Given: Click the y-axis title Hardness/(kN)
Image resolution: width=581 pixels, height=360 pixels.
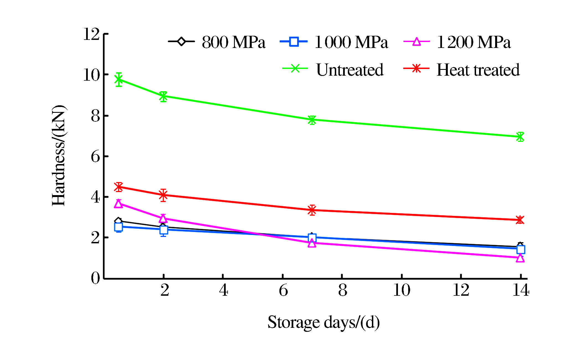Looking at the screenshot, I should point(59,155).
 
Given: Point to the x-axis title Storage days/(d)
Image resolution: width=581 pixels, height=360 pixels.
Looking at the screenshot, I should point(323,322).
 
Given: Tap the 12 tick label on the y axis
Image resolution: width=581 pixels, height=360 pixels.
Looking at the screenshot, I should point(91,34).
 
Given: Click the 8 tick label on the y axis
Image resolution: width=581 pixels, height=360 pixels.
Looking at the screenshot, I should point(95,116).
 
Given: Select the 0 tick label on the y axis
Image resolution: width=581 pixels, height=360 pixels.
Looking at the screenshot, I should point(95,278).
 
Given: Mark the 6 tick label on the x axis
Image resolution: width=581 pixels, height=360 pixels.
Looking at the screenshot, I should point(283,290).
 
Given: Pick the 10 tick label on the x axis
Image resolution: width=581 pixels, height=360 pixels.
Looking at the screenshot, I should point(402,290).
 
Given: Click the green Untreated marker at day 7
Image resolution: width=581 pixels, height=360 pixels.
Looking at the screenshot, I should point(312,120).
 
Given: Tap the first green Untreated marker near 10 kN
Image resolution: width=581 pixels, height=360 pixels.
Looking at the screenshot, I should point(119,80).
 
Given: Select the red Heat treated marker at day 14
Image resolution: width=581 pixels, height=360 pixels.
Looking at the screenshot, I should point(520,220).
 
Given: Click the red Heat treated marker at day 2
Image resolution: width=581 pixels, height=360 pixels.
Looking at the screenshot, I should point(163,195).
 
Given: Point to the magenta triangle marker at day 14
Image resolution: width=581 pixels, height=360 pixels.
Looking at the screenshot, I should point(520,258).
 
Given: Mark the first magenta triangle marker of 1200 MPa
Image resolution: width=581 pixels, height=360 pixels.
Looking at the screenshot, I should point(119,204).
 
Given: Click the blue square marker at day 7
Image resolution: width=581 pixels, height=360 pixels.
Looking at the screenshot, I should point(312,238).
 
